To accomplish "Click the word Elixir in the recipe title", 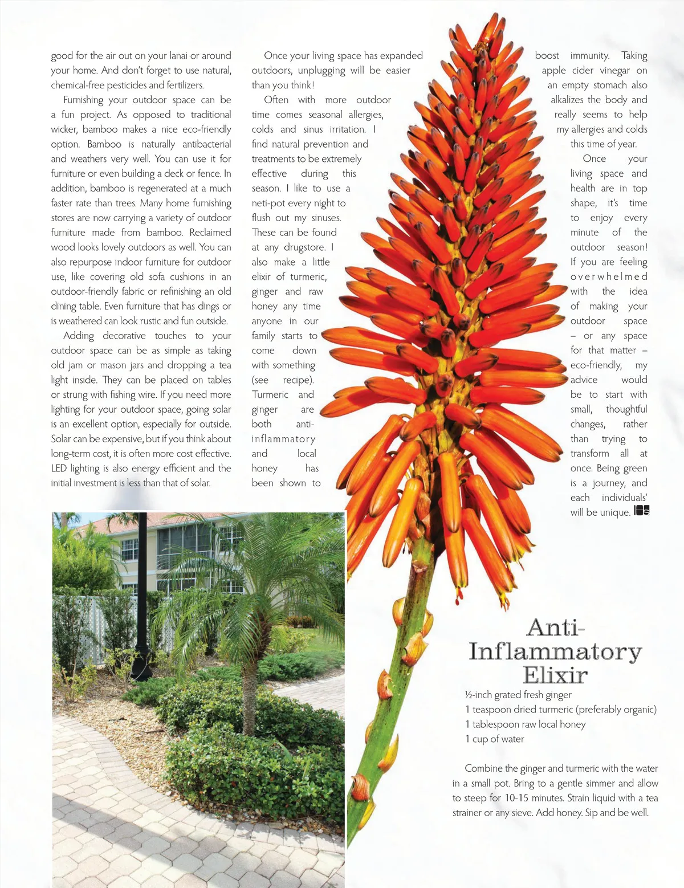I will coord(555,675).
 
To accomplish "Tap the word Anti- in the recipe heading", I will coord(555,628).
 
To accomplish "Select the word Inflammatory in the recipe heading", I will coord(555,651).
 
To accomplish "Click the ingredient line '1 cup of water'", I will coord(494,739).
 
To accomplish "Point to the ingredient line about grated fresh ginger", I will coord(518,695).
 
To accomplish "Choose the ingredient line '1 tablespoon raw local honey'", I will coord(525,724).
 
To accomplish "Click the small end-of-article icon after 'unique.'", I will coord(641,511).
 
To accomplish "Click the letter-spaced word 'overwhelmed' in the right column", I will coord(609,276).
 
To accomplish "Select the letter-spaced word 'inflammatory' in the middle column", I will coord(283,439).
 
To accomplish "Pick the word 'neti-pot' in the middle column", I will coord(270,203).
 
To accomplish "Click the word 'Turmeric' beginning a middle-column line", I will coord(270,394).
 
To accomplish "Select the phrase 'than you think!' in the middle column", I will coord(283,85).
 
